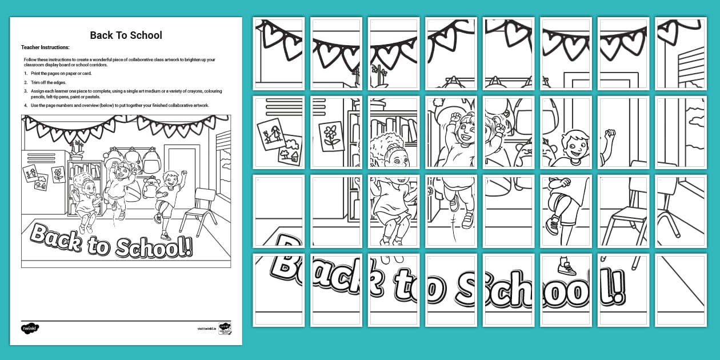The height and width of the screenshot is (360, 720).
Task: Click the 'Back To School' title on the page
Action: pyautogui.click(x=126, y=35)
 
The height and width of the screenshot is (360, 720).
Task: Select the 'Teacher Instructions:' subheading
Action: pyautogui.click(x=45, y=47)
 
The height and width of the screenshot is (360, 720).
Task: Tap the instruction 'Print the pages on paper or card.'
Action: pyautogui.click(x=59, y=74)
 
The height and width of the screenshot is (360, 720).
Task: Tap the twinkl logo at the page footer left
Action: pyautogui.click(x=30, y=329)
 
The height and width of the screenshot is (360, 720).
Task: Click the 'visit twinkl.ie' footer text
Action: pyautogui.click(x=206, y=329)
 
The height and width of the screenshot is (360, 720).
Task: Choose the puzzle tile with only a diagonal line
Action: pyautogui.click(x=681, y=290)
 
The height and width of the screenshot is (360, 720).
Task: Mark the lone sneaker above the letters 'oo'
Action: pyautogui.click(x=566, y=267)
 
